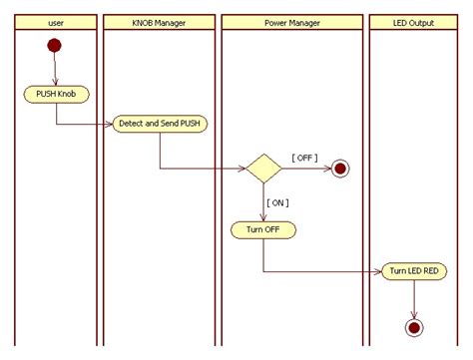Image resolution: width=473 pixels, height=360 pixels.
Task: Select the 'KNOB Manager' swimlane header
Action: [x=159, y=22]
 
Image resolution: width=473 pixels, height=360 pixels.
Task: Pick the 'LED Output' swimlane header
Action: [x=414, y=22]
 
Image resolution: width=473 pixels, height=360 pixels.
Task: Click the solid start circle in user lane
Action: [x=54, y=46]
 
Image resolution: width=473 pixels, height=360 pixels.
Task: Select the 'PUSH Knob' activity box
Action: [x=56, y=95]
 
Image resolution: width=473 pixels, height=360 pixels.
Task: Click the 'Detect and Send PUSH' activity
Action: [x=160, y=123]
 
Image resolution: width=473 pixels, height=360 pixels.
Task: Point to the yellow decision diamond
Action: [x=263, y=169]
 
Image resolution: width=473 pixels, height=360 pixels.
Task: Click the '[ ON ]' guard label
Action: [x=276, y=202]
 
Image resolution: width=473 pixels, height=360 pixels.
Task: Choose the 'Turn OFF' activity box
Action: [x=263, y=229]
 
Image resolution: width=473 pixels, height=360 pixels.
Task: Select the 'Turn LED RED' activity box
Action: [x=413, y=271]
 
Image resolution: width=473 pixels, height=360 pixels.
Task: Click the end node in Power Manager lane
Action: [x=340, y=169]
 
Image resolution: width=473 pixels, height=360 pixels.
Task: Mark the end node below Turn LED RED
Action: [x=413, y=326]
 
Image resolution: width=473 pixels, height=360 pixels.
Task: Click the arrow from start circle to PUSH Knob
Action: [x=55, y=70]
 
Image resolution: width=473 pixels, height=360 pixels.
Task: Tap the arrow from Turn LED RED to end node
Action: [x=413, y=297]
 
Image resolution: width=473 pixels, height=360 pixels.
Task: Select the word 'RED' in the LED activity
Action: [x=430, y=271]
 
